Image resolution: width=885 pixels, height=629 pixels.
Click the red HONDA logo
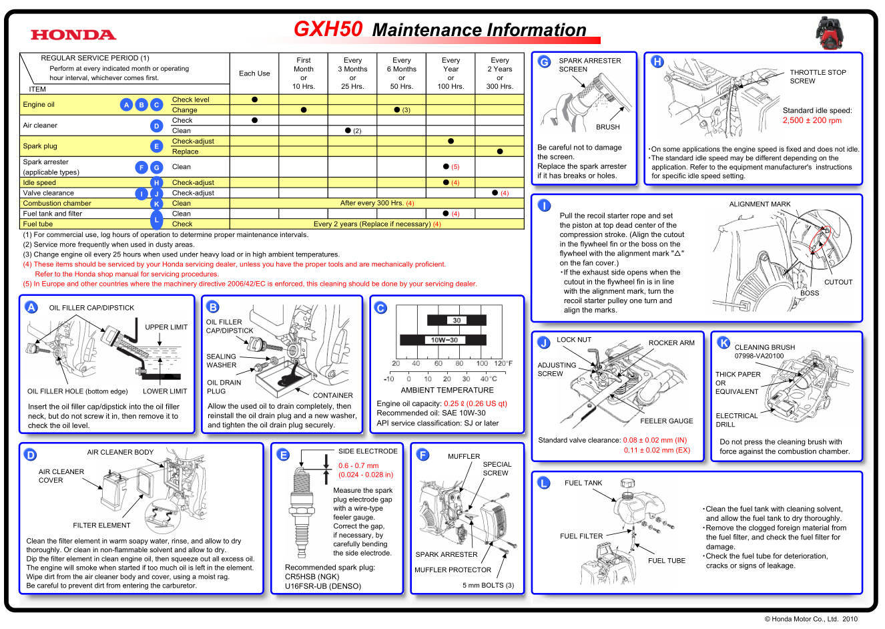point(73,35)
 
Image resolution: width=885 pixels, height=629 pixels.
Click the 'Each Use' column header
point(254,73)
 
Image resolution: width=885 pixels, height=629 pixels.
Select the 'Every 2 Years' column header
point(499,73)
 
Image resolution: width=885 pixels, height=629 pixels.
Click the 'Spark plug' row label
point(40,146)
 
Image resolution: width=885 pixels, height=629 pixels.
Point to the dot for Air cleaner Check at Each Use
point(254,120)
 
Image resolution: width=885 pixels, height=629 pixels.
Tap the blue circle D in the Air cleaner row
point(156,126)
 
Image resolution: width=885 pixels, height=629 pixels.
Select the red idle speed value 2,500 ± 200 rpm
point(812,121)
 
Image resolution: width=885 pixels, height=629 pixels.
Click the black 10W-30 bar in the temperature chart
point(444,340)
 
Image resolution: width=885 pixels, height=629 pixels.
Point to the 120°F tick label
point(503,364)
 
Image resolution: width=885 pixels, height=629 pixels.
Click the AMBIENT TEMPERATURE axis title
point(447,390)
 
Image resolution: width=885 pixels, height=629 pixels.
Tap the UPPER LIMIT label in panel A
point(166,327)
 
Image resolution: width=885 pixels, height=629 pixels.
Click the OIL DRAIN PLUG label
point(224,387)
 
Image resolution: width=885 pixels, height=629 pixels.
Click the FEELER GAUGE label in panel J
point(666,421)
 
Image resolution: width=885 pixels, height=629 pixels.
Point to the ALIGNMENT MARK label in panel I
point(760,204)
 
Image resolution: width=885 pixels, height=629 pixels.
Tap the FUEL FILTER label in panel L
point(581,536)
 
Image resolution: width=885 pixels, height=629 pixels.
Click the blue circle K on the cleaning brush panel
point(723,343)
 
